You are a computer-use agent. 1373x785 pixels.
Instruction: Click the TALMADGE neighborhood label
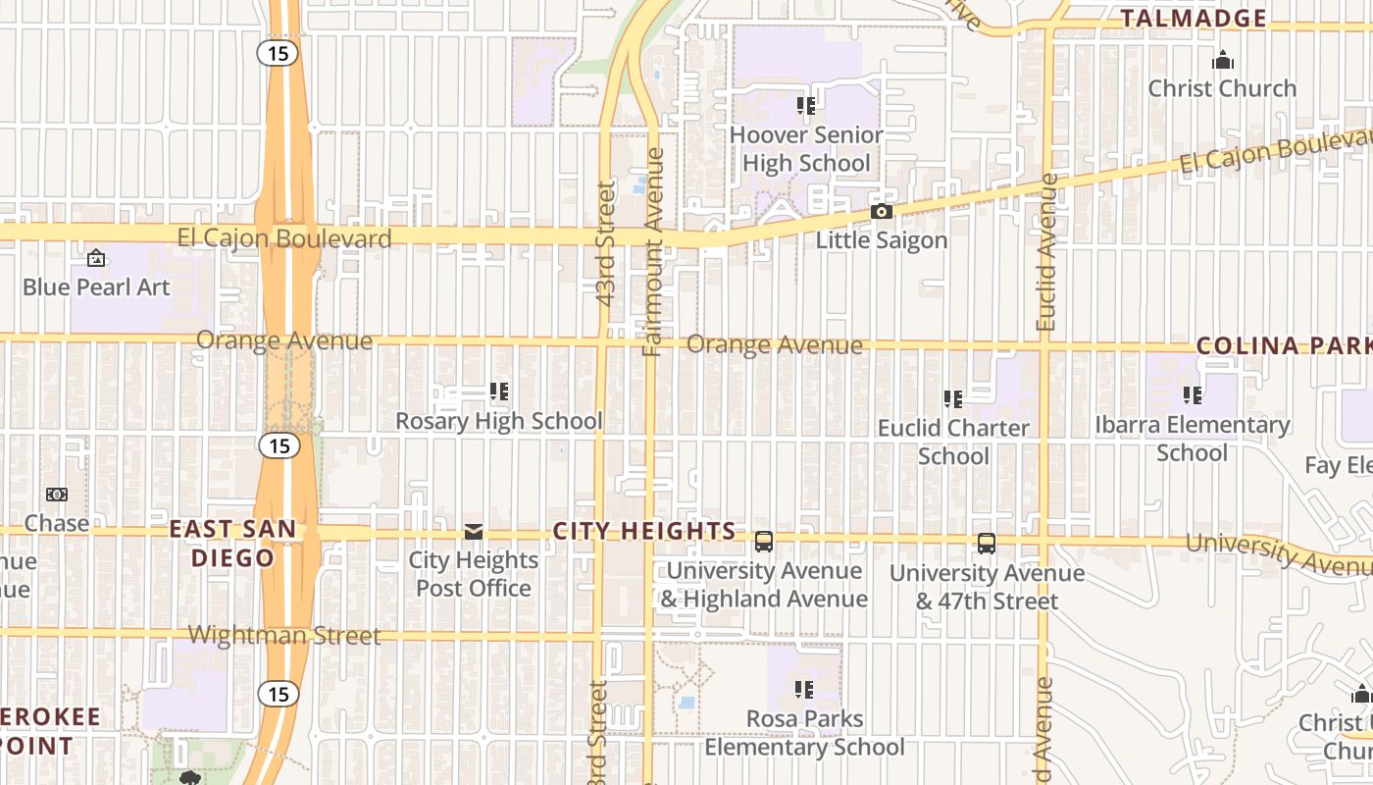click(1194, 18)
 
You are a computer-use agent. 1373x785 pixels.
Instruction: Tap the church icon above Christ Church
click(1222, 61)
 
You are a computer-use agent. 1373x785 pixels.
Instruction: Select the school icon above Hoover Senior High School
click(806, 106)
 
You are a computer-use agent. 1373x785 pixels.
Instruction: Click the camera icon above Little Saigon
click(882, 212)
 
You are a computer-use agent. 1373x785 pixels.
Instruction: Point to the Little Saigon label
click(882, 240)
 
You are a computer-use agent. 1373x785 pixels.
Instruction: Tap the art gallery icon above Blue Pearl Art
click(96, 259)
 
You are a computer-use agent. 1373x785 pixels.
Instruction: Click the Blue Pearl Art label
click(96, 288)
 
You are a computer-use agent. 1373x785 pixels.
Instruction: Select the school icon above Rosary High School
click(499, 392)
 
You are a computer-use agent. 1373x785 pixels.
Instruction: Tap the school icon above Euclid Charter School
click(953, 399)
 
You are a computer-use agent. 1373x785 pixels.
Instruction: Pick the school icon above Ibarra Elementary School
click(1193, 396)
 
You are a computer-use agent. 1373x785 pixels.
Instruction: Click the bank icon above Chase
click(57, 495)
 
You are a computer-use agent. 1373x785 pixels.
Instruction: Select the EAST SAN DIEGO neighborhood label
click(232, 543)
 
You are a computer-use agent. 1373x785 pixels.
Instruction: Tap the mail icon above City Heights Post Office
click(474, 532)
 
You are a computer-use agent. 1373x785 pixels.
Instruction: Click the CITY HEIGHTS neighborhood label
click(644, 531)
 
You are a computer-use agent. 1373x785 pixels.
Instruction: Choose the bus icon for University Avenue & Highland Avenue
click(764, 542)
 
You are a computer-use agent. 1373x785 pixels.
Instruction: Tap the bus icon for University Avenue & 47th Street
click(987, 544)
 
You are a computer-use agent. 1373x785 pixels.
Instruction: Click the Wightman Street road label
click(284, 635)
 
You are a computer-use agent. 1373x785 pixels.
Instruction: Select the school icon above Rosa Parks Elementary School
click(805, 690)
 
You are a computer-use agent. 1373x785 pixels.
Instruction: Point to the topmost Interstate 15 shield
click(280, 53)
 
